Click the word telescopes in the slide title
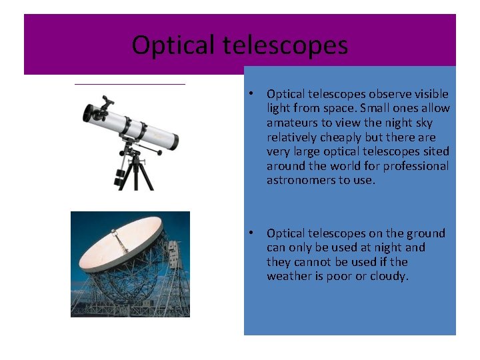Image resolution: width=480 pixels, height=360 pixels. click(x=285, y=45)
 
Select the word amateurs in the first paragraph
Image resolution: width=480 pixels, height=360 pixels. click(x=293, y=123)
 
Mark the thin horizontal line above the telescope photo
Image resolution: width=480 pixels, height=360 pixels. click(x=129, y=85)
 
